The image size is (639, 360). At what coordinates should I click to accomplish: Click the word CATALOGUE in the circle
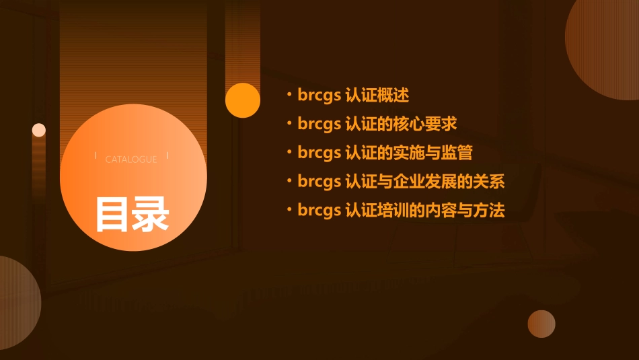point(131,159)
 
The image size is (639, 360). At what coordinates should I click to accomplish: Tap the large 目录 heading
point(132,213)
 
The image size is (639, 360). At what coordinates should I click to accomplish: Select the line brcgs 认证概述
point(353,96)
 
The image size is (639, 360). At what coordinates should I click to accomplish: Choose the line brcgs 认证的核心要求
point(377,124)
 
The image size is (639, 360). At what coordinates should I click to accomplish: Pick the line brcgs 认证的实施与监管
point(385,153)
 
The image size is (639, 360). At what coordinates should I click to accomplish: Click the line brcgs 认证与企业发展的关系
point(401,182)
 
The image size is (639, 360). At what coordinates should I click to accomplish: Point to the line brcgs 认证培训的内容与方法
point(401,211)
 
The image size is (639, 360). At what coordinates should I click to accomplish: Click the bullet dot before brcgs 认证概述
point(289,96)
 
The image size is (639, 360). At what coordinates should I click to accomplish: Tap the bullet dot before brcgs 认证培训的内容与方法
point(289,211)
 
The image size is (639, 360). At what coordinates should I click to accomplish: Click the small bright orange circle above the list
point(243,100)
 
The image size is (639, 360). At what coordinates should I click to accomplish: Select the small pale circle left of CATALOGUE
point(39,130)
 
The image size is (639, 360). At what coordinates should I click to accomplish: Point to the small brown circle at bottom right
point(541,324)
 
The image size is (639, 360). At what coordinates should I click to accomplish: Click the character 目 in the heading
point(112,213)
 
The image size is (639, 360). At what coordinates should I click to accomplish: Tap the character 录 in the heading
point(151,213)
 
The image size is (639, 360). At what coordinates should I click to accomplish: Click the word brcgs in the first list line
point(319,96)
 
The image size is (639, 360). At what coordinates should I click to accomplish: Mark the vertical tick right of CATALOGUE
point(167,156)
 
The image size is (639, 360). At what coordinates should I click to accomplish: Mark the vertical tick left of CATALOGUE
point(96,156)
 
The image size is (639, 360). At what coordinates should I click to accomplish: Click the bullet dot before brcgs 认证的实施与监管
point(289,153)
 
